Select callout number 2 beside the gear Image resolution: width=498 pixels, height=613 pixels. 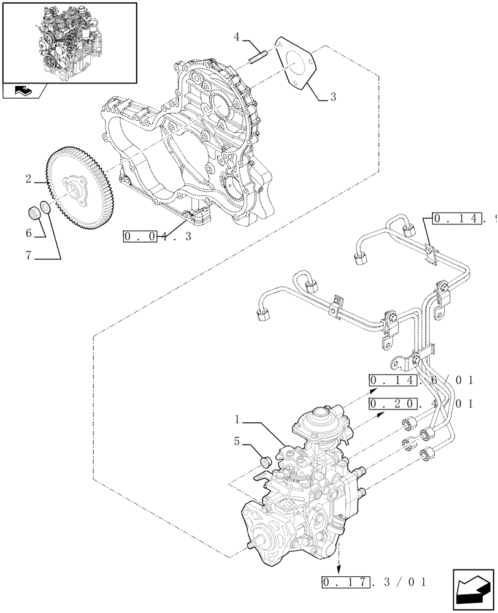point(29,180)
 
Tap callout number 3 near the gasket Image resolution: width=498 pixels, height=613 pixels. point(332,97)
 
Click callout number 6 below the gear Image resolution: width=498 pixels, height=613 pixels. point(29,233)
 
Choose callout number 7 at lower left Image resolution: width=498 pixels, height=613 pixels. point(29,256)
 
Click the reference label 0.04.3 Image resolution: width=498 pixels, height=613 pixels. point(157,236)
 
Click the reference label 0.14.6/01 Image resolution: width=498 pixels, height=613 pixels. point(421,381)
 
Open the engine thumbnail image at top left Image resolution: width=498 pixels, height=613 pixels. point(69,42)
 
